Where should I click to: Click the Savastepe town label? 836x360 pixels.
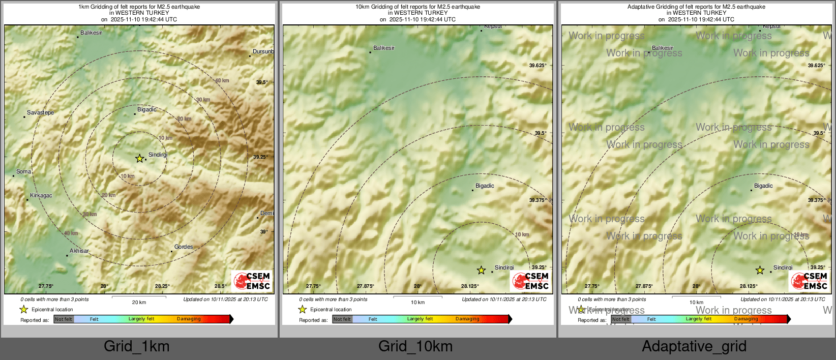coord(40,112)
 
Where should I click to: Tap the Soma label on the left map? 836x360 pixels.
coord(23,171)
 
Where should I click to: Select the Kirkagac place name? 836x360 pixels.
coord(41,195)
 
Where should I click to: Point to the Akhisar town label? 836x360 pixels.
coord(79,251)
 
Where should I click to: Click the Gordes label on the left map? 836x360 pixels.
coord(183,247)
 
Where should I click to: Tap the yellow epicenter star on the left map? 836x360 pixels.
coord(139,159)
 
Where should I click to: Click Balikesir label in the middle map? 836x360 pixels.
coord(383,48)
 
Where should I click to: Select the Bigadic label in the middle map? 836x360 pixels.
coord(484,186)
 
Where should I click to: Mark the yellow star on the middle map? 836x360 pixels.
coord(481,270)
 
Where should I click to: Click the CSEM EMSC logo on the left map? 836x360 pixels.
coord(252,281)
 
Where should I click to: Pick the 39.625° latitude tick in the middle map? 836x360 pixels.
coord(538,65)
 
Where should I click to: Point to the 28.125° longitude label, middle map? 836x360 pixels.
coord(470,286)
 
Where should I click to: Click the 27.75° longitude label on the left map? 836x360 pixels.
coord(46,286)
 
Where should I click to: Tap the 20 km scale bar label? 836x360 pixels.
coord(139,302)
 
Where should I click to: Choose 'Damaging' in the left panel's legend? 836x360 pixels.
coord(189,319)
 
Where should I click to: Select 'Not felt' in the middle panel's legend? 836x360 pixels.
coord(342,319)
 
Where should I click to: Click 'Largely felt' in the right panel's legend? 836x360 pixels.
coord(698,319)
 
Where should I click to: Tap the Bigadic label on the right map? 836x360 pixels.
coord(763,186)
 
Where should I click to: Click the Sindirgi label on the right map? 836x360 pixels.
coord(783,267)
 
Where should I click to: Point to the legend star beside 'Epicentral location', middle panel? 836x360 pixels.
coord(302,309)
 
